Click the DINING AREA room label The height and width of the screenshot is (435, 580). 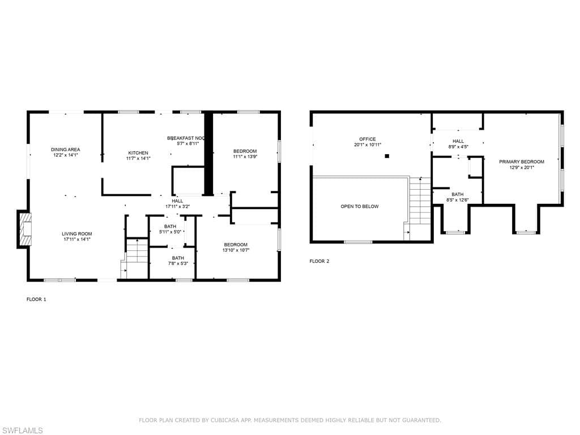[x=65, y=150]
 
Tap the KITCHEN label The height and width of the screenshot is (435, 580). [x=138, y=153]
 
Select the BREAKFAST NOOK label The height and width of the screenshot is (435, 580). [x=186, y=138]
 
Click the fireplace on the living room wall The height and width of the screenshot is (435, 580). [x=24, y=229]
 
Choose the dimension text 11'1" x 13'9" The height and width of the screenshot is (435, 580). [x=245, y=157]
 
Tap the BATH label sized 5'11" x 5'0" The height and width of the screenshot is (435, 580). [x=170, y=227]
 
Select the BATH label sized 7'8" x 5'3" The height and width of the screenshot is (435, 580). [x=178, y=258]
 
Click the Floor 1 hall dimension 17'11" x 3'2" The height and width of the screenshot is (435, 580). [x=177, y=207]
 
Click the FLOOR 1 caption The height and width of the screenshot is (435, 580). [x=36, y=299]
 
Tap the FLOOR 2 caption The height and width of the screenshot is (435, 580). [x=319, y=261]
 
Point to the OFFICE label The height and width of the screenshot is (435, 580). [x=367, y=139]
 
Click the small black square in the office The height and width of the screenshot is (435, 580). [x=387, y=156]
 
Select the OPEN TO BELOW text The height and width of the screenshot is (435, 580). [x=359, y=207]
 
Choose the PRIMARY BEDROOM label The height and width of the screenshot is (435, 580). [x=521, y=162]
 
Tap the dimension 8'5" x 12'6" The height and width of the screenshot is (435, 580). [x=458, y=200]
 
